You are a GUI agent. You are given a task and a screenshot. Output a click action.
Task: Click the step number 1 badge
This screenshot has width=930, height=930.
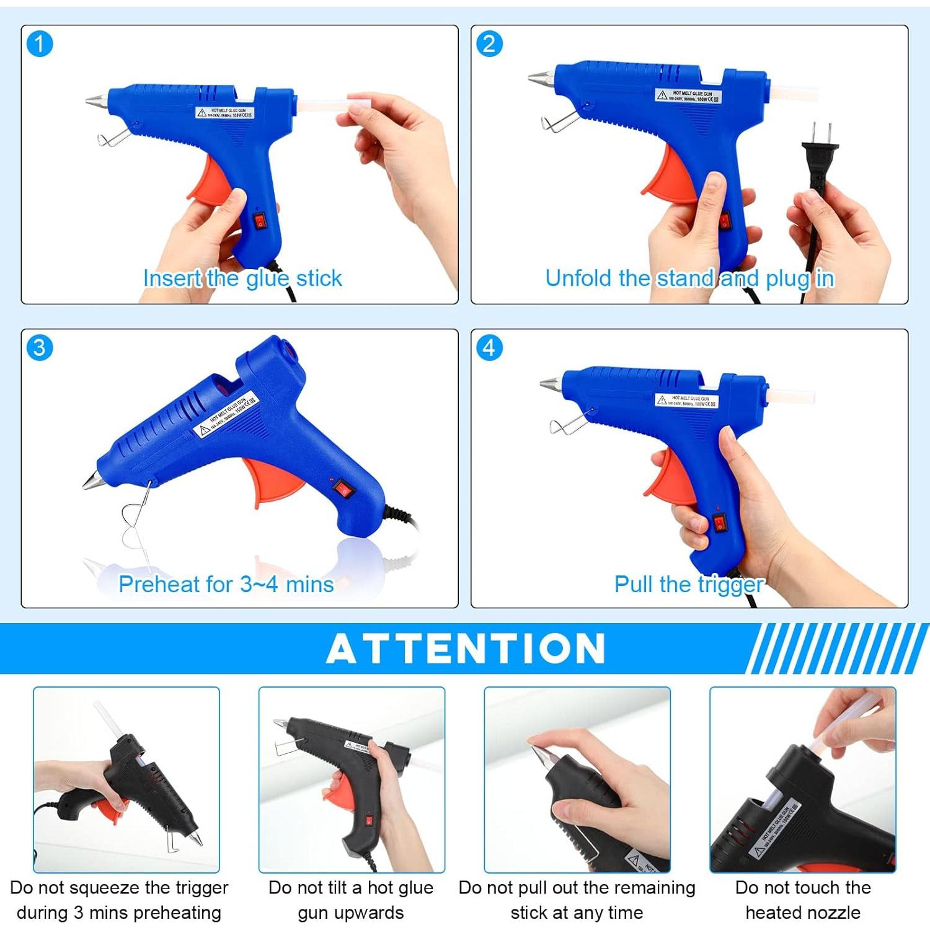[40, 44]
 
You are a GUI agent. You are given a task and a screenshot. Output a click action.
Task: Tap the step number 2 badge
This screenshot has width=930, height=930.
[489, 44]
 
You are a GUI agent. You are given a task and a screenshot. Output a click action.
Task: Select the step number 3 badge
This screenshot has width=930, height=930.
[40, 347]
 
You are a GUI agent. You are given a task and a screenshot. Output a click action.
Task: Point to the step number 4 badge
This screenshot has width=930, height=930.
[489, 347]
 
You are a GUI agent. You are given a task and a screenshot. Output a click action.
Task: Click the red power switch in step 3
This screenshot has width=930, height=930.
[344, 489]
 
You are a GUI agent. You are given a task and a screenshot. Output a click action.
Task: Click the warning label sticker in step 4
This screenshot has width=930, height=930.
[687, 400]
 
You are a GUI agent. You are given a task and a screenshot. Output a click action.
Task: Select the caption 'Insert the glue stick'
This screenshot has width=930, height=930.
[242, 278]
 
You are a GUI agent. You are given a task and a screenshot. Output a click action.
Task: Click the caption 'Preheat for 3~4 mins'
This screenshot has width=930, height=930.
[226, 584]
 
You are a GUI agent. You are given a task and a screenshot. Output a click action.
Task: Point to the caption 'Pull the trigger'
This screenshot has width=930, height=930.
[688, 584]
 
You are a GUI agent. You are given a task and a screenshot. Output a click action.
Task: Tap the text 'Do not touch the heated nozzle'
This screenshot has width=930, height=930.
[803, 900]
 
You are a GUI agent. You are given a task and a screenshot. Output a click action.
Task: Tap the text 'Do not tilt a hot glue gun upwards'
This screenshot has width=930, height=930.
[351, 900]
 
